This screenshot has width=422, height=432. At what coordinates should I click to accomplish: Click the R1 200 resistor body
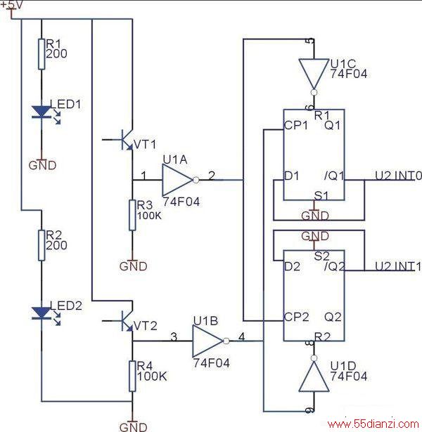point(41,54)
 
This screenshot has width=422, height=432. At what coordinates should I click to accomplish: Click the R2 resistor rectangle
point(41,245)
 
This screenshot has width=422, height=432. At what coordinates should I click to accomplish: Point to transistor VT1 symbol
point(123,140)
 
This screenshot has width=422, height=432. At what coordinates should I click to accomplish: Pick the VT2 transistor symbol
point(123,321)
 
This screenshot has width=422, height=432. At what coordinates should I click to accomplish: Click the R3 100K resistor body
point(133,215)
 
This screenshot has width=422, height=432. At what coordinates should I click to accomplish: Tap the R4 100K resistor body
point(133,376)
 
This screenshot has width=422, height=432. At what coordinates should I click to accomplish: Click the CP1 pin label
point(296,126)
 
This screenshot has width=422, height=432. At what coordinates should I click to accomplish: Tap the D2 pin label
point(292,267)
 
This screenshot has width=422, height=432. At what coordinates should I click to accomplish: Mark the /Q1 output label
point(334,176)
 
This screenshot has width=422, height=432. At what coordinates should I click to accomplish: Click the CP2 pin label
point(297,317)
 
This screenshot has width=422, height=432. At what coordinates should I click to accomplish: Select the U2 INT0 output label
point(399,176)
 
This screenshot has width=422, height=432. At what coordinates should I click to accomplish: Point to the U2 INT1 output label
point(398,266)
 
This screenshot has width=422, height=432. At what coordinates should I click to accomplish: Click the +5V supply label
point(11,5)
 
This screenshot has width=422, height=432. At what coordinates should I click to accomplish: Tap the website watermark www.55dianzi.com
point(373,424)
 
